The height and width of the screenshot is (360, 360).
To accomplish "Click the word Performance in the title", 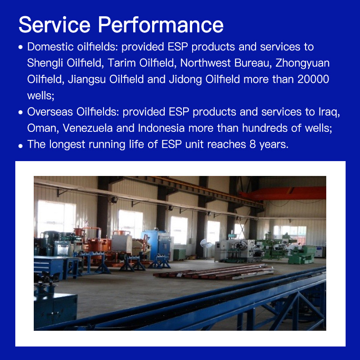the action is point(161,25).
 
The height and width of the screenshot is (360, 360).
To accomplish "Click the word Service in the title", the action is point(54,25).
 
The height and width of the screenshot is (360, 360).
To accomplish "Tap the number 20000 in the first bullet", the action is point(313,79).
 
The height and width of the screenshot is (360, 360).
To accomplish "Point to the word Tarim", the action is point(121,63).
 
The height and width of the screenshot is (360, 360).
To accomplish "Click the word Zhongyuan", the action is point(302,63).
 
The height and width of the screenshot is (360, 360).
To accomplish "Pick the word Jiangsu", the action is point(87,80).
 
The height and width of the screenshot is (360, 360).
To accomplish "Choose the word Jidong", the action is point(185,80).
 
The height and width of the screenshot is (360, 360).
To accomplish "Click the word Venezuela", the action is point(87,128).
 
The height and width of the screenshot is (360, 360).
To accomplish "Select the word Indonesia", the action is point(161,128).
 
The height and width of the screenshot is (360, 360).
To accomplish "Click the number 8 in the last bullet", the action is point(252,144).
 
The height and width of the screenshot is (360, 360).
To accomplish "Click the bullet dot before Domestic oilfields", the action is point(21,47).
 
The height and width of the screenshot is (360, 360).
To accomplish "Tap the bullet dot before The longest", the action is point(21,145).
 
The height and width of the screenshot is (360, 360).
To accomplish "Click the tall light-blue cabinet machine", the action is point(158,245).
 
